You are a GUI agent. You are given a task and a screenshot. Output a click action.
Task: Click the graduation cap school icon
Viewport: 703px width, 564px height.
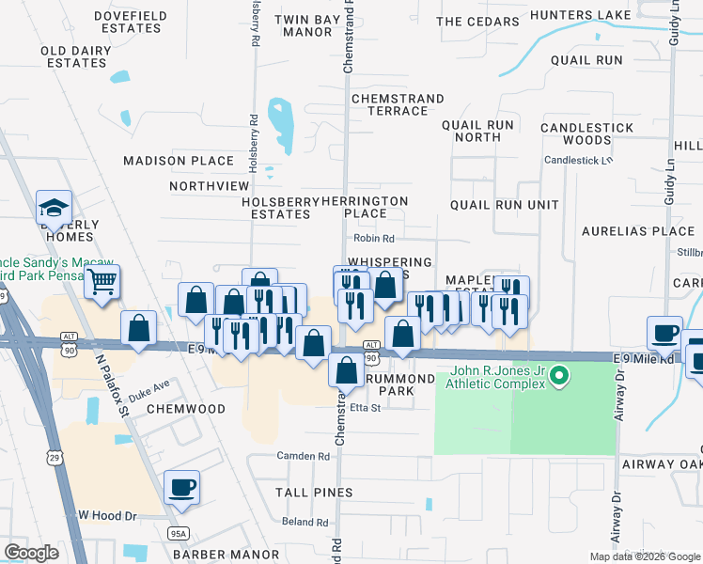pyautogui.click(x=54, y=209)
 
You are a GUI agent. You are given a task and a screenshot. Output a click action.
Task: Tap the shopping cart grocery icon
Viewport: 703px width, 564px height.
pyautogui.click(x=102, y=280)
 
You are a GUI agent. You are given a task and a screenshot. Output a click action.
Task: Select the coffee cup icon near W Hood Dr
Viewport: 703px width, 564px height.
pyautogui.click(x=181, y=487)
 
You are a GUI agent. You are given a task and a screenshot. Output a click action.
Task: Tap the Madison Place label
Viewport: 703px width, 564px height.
pyautogui.click(x=179, y=161)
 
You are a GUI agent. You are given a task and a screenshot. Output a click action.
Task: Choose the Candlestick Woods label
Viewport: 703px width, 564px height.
pyautogui.click(x=575, y=133)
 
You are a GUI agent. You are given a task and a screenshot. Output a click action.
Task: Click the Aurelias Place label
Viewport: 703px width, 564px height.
pyautogui.click(x=637, y=231)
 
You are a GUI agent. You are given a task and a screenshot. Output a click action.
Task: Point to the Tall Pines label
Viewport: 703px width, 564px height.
pyautogui.click(x=314, y=493)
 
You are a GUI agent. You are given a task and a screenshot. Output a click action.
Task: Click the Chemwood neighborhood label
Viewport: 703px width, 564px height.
pyautogui.click(x=185, y=409)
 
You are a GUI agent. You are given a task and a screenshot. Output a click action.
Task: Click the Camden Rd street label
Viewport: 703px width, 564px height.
pyautogui.click(x=303, y=456)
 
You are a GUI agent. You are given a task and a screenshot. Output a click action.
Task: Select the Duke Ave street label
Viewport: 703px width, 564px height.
pyautogui.click(x=148, y=385)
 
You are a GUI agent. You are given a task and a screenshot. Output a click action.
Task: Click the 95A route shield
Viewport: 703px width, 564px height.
pyautogui.click(x=178, y=534)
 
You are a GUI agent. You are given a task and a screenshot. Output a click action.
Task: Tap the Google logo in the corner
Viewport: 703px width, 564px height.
pyautogui.click(x=31, y=553)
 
